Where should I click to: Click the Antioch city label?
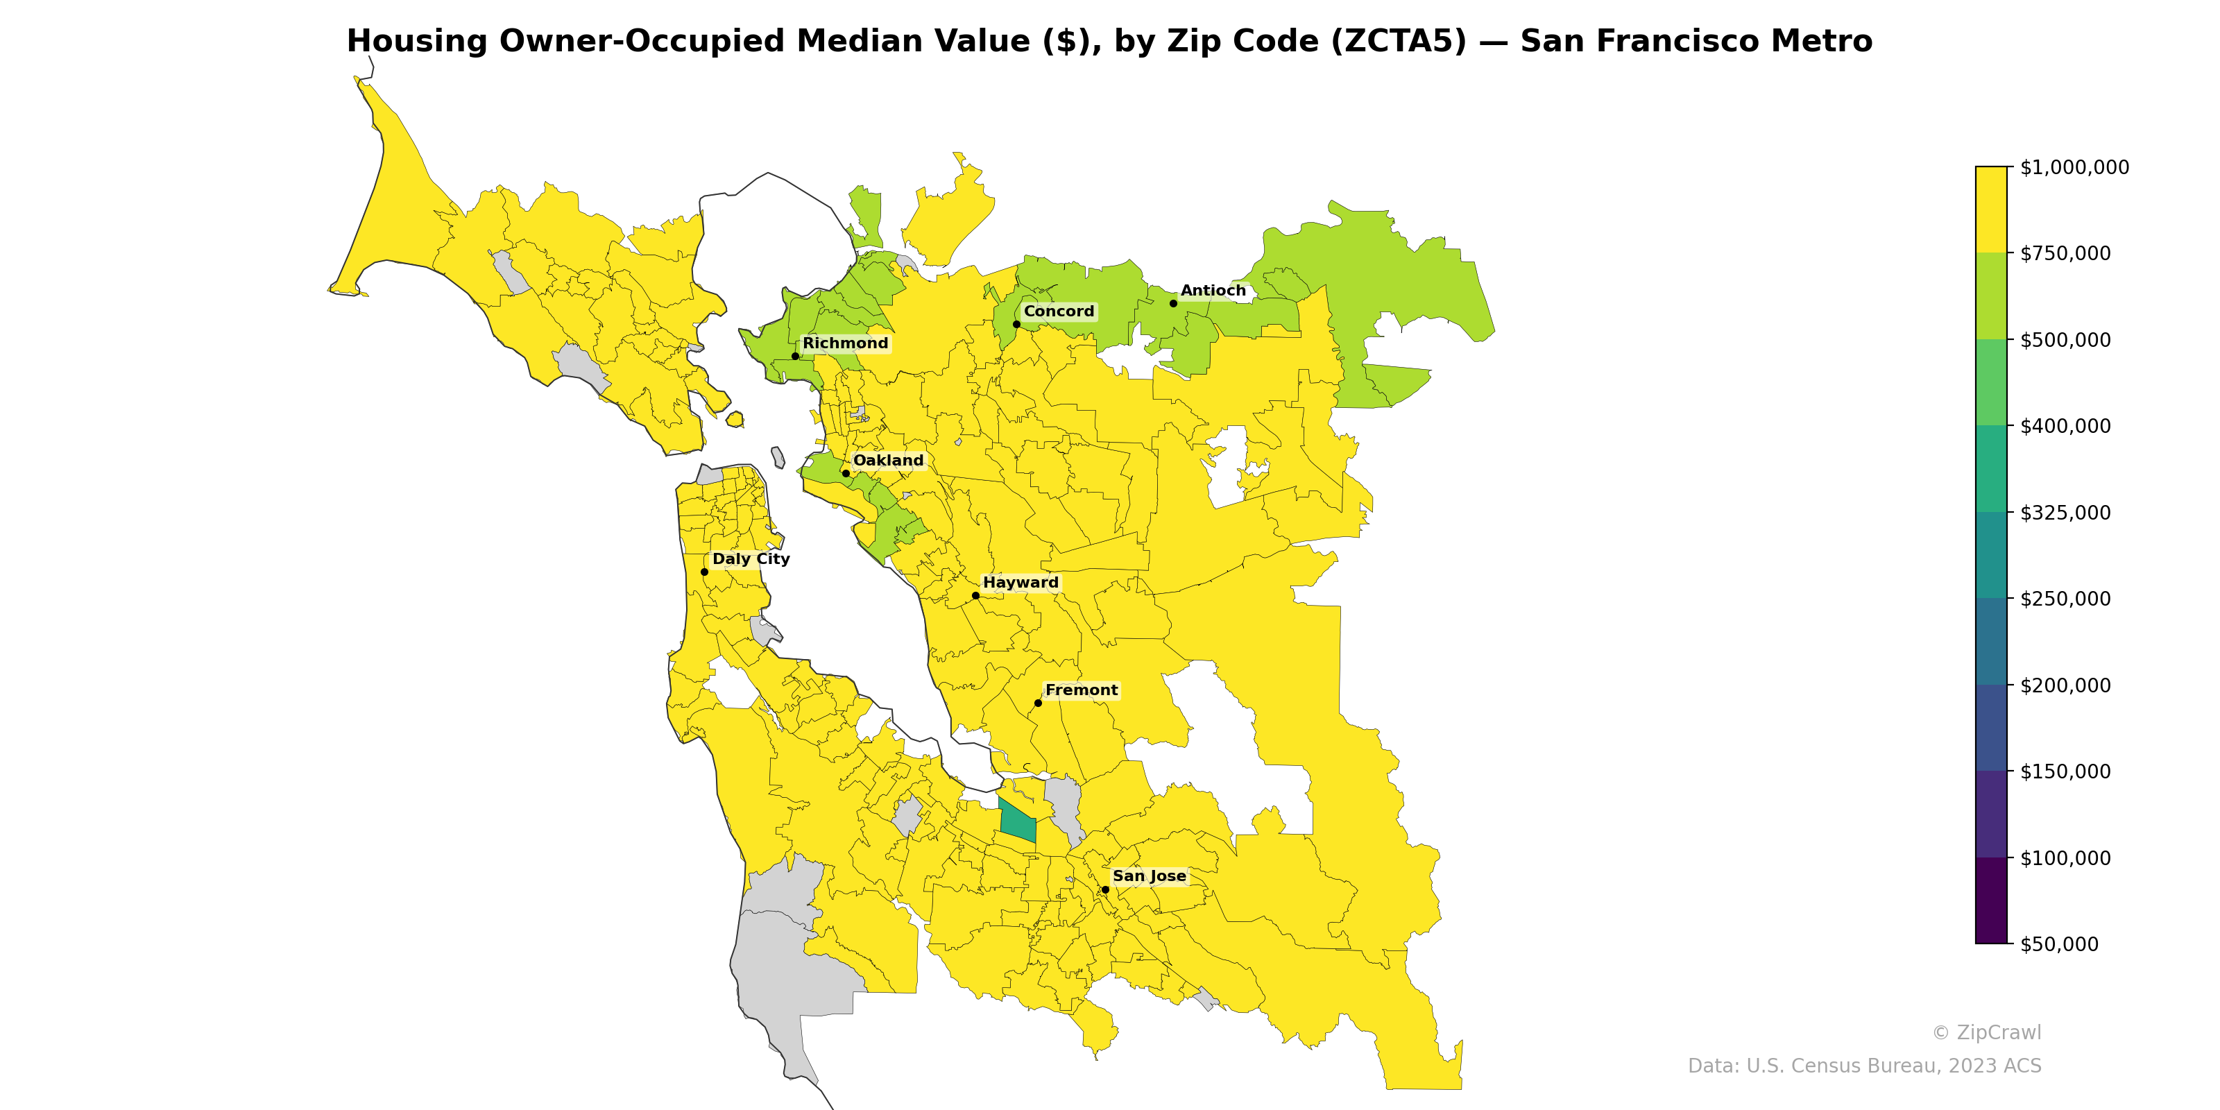(x=1213, y=291)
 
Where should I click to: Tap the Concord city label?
(x=1058, y=311)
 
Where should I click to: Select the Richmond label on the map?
(x=844, y=343)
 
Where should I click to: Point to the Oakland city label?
(x=888, y=460)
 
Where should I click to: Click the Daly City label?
(x=751, y=558)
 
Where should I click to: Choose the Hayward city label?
(x=1021, y=583)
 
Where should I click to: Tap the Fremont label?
(x=1081, y=690)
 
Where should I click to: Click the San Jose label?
(x=1149, y=876)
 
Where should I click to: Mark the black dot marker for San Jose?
(x=1105, y=889)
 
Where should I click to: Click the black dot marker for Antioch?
(x=1173, y=303)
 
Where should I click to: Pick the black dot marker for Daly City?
(x=704, y=572)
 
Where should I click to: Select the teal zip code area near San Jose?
(x=1017, y=821)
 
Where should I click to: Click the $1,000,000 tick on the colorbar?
(x=2074, y=167)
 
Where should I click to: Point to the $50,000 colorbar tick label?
(x=2059, y=943)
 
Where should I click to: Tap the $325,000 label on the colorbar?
(x=2065, y=513)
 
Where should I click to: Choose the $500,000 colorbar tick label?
(x=2065, y=339)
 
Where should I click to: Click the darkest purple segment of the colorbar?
(x=1991, y=900)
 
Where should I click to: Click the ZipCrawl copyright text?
(x=1986, y=1032)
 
